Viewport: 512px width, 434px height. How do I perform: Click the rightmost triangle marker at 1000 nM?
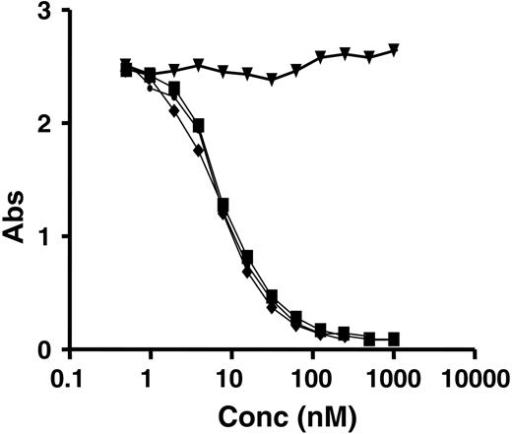tap(394, 49)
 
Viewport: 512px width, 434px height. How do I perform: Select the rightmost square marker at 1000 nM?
tap(394, 339)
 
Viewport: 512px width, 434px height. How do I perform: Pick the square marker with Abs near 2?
tap(199, 125)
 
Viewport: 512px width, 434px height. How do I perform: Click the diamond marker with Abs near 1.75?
tap(199, 151)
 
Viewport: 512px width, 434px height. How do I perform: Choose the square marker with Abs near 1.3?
tap(224, 204)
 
